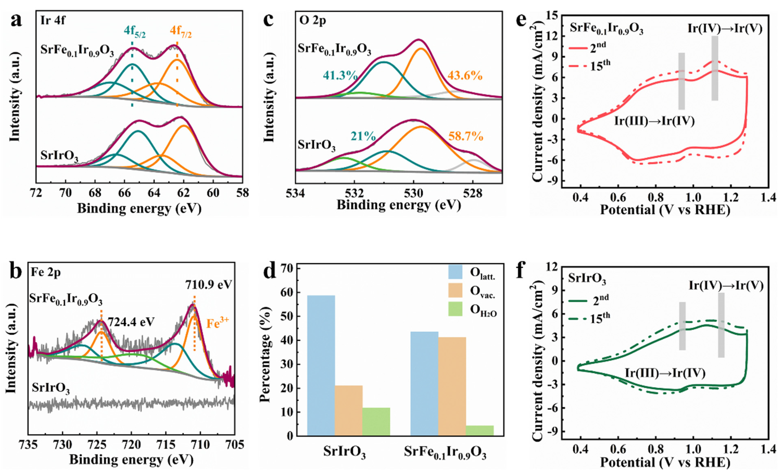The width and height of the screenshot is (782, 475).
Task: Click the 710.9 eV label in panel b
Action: point(209,284)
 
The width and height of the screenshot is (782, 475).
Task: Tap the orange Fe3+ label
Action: point(217,323)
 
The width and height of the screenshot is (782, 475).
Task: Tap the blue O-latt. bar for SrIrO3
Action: point(321,365)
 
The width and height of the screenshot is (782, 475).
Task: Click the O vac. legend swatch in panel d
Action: point(455,290)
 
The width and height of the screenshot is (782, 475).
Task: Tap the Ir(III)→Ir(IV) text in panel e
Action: point(654,121)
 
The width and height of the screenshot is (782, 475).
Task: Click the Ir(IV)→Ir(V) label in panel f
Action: point(726,285)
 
